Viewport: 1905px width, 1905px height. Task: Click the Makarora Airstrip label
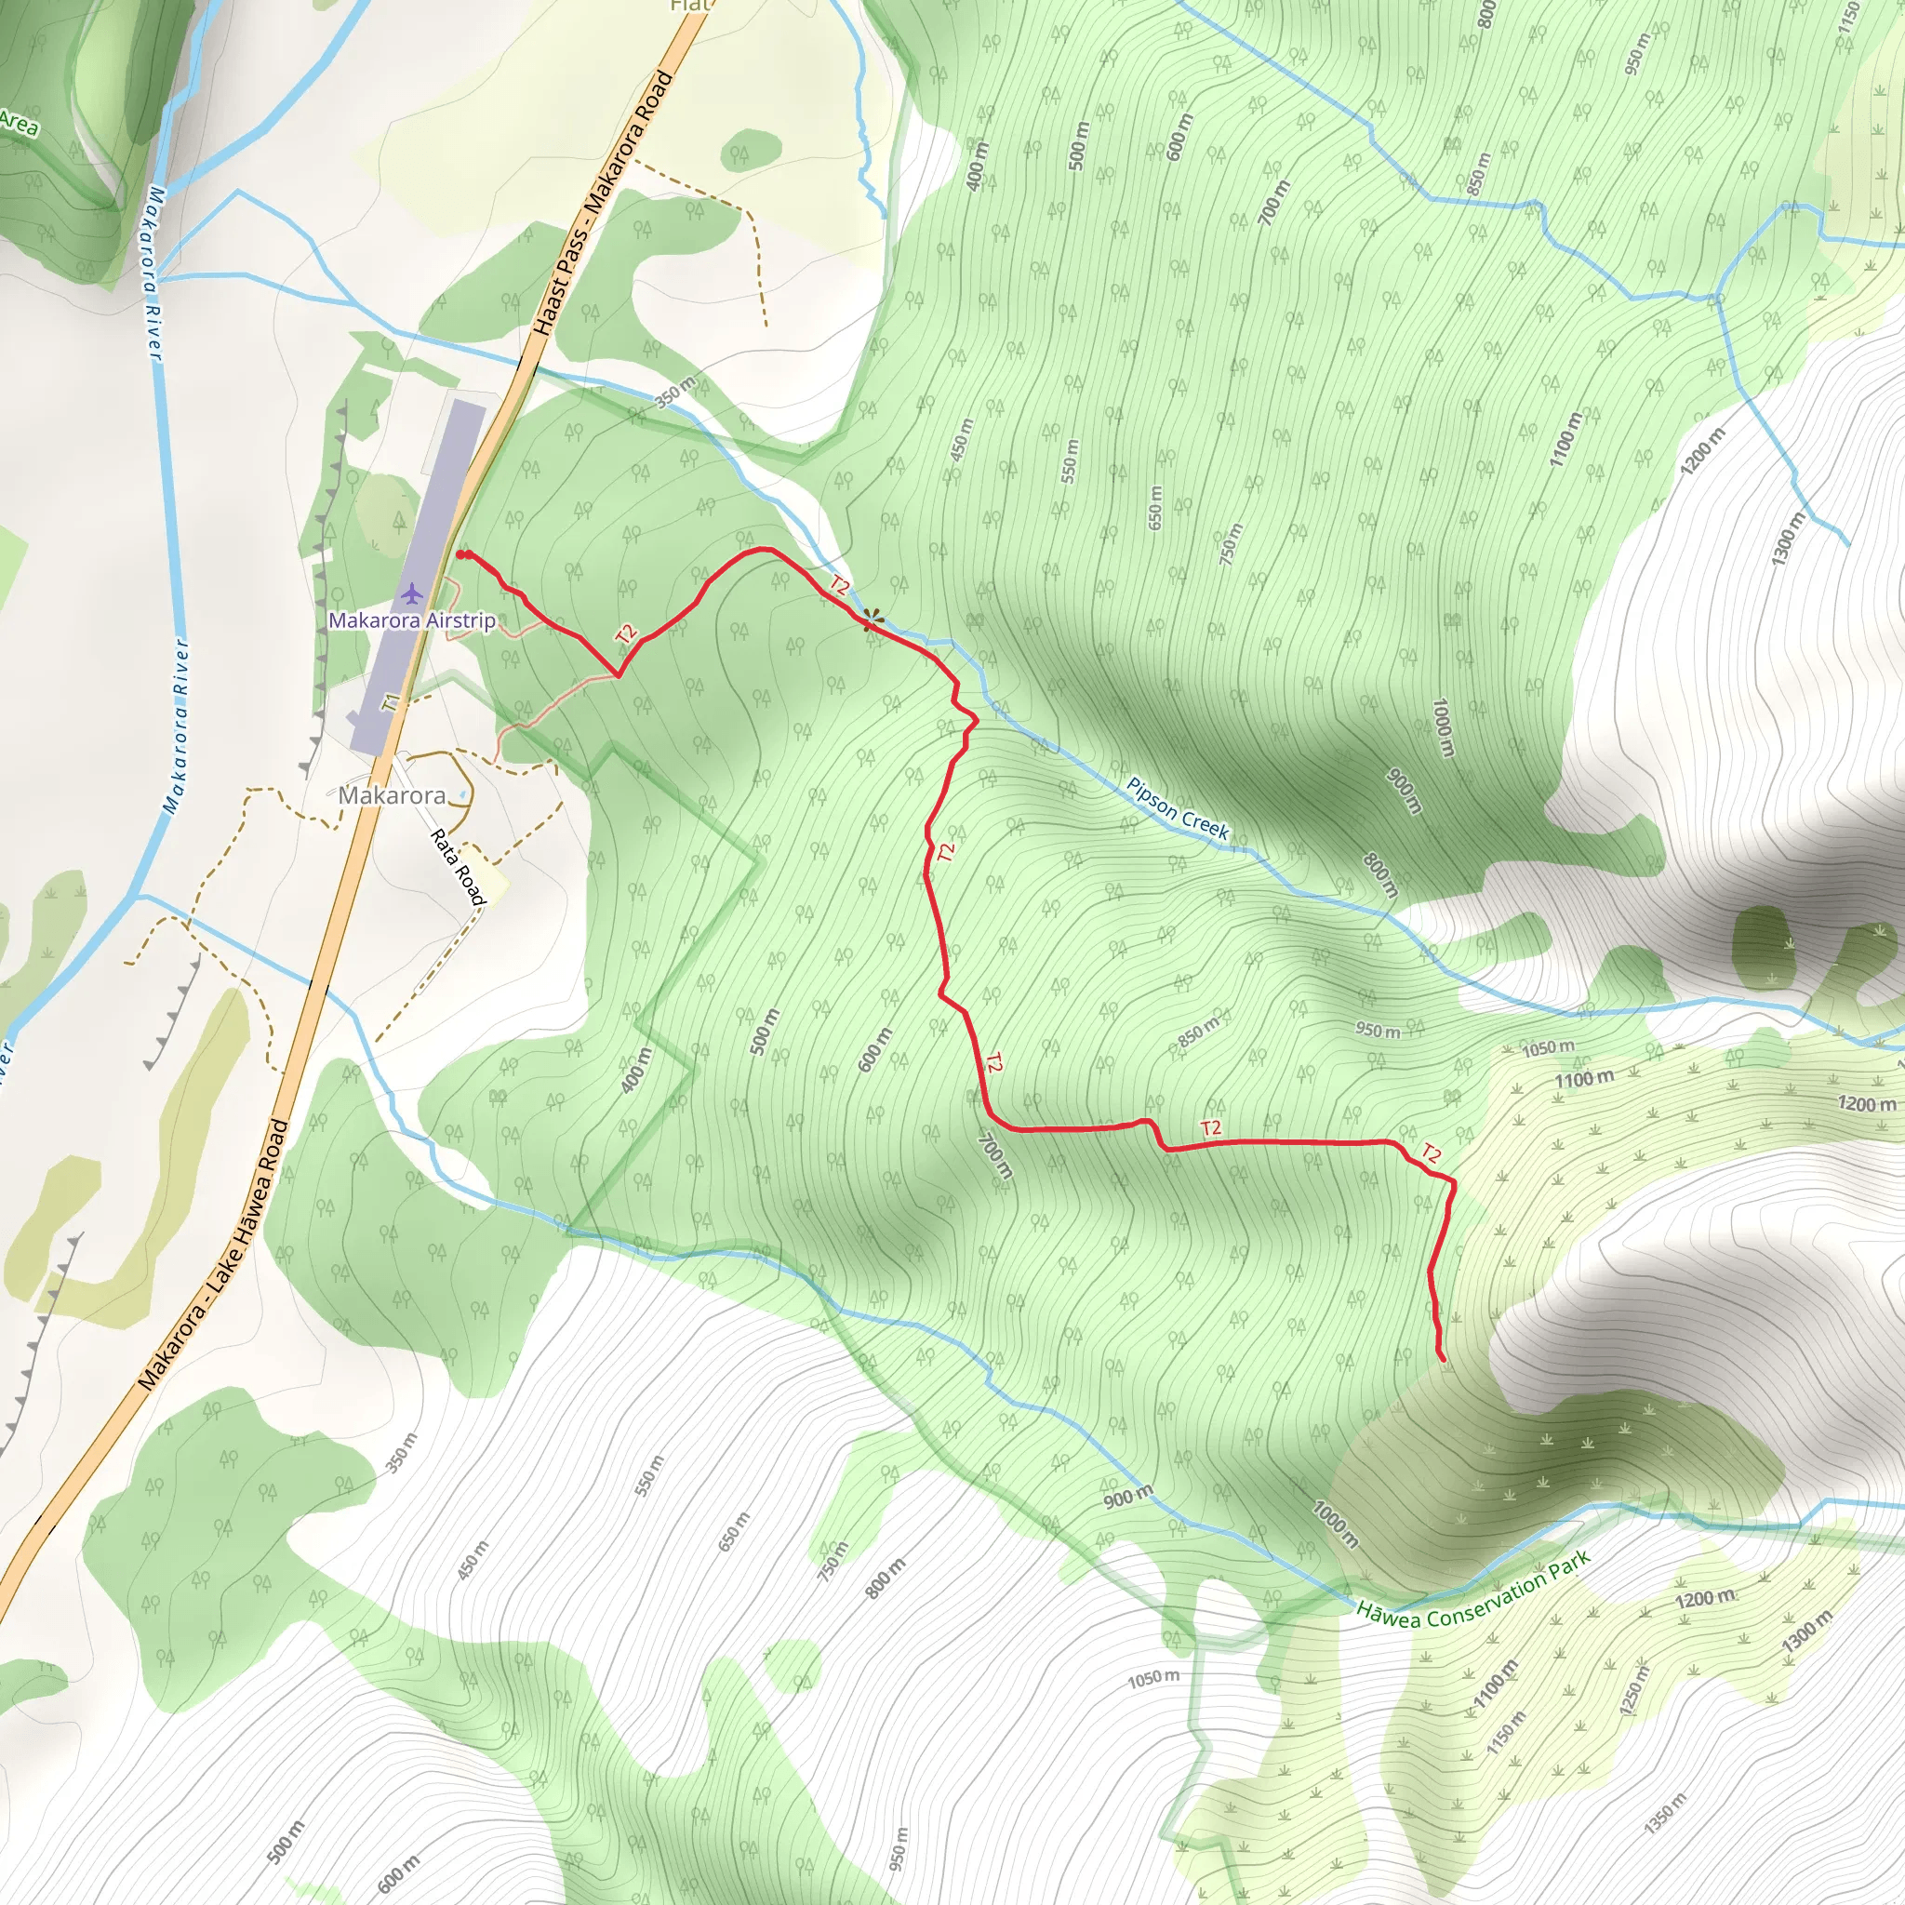[x=411, y=620]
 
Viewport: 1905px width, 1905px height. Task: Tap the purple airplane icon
[x=411, y=593]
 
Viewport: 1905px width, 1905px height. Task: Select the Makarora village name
[x=392, y=794]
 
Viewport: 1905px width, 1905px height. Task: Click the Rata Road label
[x=459, y=866]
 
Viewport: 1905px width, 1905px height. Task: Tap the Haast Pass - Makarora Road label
[x=603, y=202]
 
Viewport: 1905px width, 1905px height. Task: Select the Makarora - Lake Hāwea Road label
[x=214, y=1255]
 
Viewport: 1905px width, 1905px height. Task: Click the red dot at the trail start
[x=461, y=555]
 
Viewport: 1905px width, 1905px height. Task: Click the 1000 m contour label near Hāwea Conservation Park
[x=1334, y=1525]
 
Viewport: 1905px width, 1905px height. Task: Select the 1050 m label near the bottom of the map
[x=1152, y=1677]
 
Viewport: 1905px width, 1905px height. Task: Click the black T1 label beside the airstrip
[x=393, y=703]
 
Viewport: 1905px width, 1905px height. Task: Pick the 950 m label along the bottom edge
[x=899, y=1846]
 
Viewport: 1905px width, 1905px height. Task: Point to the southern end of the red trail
[x=1444, y=1359]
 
